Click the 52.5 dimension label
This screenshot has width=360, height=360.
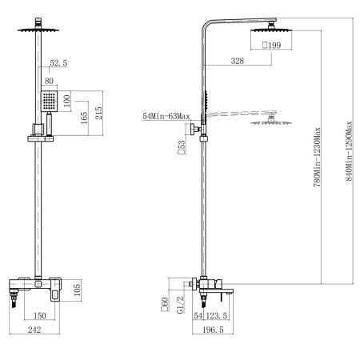[58, 63]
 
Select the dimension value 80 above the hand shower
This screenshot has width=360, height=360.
[49, 81]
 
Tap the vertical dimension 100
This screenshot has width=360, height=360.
[67, 101]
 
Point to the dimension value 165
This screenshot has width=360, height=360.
[84, 118]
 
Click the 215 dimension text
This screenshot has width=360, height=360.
[98, 113]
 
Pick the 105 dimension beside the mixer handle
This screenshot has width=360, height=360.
[77, 290]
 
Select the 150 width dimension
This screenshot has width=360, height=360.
[40, 316]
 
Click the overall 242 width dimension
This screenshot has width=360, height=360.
[34, 330]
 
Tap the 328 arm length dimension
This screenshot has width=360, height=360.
[238, 61]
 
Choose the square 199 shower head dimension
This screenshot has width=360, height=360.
[271, 45]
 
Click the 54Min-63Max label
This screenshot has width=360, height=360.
[166, 116]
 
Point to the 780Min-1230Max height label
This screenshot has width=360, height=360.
[317, 157]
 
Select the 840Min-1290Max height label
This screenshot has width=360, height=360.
[349, 151]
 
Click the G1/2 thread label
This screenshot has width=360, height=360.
[181, 305]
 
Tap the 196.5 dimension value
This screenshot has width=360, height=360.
[213, 330]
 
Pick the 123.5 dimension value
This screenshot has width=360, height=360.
[217, 316]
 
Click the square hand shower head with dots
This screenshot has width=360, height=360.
[50, 102]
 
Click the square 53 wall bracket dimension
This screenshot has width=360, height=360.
[182, 147]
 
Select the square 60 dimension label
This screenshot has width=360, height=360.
[165, 305]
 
